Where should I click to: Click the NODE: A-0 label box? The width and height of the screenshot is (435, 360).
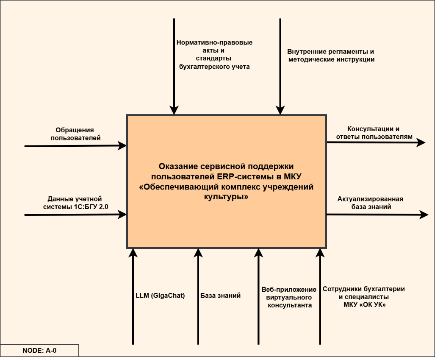tap(39, 351)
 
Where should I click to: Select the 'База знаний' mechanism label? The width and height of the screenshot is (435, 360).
tap(220, 296)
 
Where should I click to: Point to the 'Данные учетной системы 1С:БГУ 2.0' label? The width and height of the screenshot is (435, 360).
tap(75, 203)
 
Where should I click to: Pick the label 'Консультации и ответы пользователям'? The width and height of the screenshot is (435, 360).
tap(374, 133)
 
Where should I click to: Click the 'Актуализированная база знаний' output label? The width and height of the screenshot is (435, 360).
tap(371, 203)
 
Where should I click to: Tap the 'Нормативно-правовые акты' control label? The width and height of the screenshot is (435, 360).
tap(214, 54)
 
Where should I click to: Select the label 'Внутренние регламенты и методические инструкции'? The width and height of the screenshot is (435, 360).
tap(331, 56)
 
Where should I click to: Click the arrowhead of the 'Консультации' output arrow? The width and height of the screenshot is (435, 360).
tap(421, 142)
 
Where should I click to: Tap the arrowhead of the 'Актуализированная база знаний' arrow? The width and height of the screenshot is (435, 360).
tap(424, 215)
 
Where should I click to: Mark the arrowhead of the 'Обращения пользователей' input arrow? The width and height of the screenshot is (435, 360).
tap(123, 145)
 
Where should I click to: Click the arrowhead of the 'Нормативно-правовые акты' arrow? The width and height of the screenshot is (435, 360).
tap(173, 110)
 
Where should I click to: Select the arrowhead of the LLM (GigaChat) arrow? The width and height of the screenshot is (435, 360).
tap(133, 253)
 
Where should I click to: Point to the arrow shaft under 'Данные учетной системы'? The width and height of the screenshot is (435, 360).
tap(72, 215)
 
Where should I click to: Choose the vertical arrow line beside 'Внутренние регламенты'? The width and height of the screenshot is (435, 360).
tap(280, 64)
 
